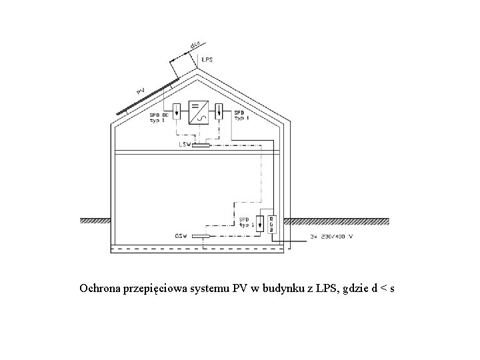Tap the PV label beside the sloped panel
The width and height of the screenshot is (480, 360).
point(141,89)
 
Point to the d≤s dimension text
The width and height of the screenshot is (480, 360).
point(195,45)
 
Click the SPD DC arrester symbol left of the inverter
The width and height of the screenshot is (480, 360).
point(177,111)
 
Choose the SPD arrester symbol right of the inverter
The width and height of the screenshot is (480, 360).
point(219,111)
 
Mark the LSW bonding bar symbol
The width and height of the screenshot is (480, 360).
point(201,145)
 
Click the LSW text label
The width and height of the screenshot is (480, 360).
point(185,144)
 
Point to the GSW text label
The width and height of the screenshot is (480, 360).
point(181,236)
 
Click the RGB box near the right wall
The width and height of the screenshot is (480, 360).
point(271,224)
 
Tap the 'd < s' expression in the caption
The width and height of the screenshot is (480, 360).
point(383,289)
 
